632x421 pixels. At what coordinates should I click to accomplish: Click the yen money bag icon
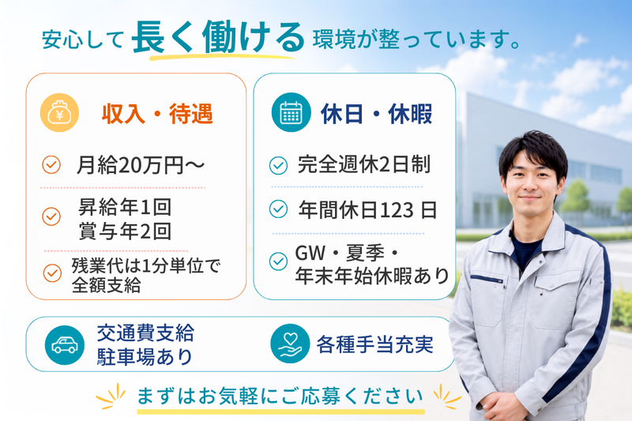59,113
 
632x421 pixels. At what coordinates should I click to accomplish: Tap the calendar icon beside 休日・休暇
291,112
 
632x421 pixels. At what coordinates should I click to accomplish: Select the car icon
65,345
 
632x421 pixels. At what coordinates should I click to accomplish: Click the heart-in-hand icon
290,344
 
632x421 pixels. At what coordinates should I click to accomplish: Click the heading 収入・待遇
157,114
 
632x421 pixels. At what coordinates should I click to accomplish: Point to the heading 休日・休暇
377,114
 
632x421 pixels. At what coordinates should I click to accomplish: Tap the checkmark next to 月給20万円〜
51,165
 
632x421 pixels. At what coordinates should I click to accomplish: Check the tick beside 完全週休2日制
278,165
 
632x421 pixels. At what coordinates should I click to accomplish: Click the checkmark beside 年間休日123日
278,209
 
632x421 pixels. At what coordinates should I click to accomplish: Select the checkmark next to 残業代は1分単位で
52,273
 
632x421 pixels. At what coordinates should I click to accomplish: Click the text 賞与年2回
125,231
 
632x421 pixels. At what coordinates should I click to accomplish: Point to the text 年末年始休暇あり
372,276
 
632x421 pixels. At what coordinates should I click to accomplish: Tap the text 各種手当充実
374,344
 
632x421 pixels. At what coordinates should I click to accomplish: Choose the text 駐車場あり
145,356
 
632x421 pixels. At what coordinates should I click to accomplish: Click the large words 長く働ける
218,37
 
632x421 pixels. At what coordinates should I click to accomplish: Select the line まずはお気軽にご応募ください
280,396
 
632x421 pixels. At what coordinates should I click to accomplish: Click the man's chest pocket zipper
487,279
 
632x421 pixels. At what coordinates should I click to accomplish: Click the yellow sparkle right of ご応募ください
447,396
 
